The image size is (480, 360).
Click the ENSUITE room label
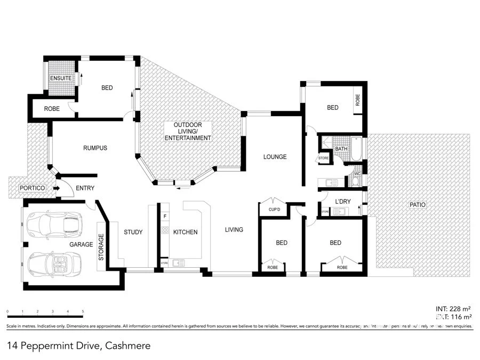point(60,78)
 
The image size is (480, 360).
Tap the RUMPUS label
point(95,148)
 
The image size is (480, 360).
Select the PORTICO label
point(32,188)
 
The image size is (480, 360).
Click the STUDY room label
point(133,232)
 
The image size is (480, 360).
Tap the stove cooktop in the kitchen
point(165,231)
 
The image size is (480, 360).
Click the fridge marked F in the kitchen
point(165,216)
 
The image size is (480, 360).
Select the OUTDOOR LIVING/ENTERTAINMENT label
point(188,131)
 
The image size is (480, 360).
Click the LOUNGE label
point(275,157)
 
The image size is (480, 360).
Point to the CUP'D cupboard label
point(275,209)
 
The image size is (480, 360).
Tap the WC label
point(358,173)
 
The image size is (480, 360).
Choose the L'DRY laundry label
point(342,201)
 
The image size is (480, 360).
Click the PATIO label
point(418,204)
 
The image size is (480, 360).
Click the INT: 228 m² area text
point(453,309)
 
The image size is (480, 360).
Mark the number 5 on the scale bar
point(83,310)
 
